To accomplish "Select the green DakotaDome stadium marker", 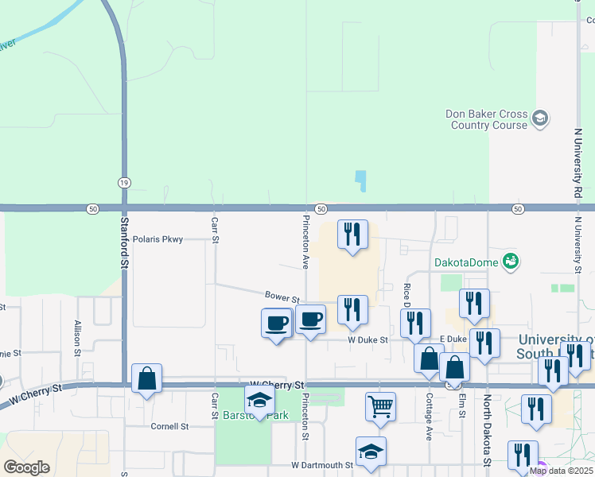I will point(511,260).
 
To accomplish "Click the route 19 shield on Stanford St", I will point(123,183).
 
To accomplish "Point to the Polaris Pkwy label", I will point(158,238).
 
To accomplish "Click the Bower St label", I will point(282,297).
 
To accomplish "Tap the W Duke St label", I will point(367,339).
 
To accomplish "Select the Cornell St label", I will point(169,426).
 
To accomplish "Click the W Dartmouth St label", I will point(322,465).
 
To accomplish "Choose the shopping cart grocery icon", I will point(381,405).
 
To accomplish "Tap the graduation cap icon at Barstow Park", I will point(259,401).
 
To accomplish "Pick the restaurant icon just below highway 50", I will point(352,235).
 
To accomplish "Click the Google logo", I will point(26,467).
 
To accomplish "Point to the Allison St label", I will point(78,335).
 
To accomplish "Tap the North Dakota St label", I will point(487,429).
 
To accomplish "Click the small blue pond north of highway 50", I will point(360,181).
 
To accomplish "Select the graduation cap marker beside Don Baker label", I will point(540,119).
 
